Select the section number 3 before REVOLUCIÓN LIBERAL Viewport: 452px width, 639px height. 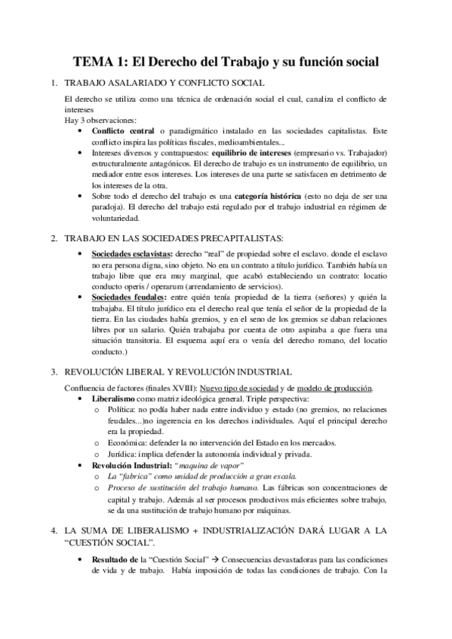click(52, 371)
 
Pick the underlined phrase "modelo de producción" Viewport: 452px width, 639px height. click(334, 388)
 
